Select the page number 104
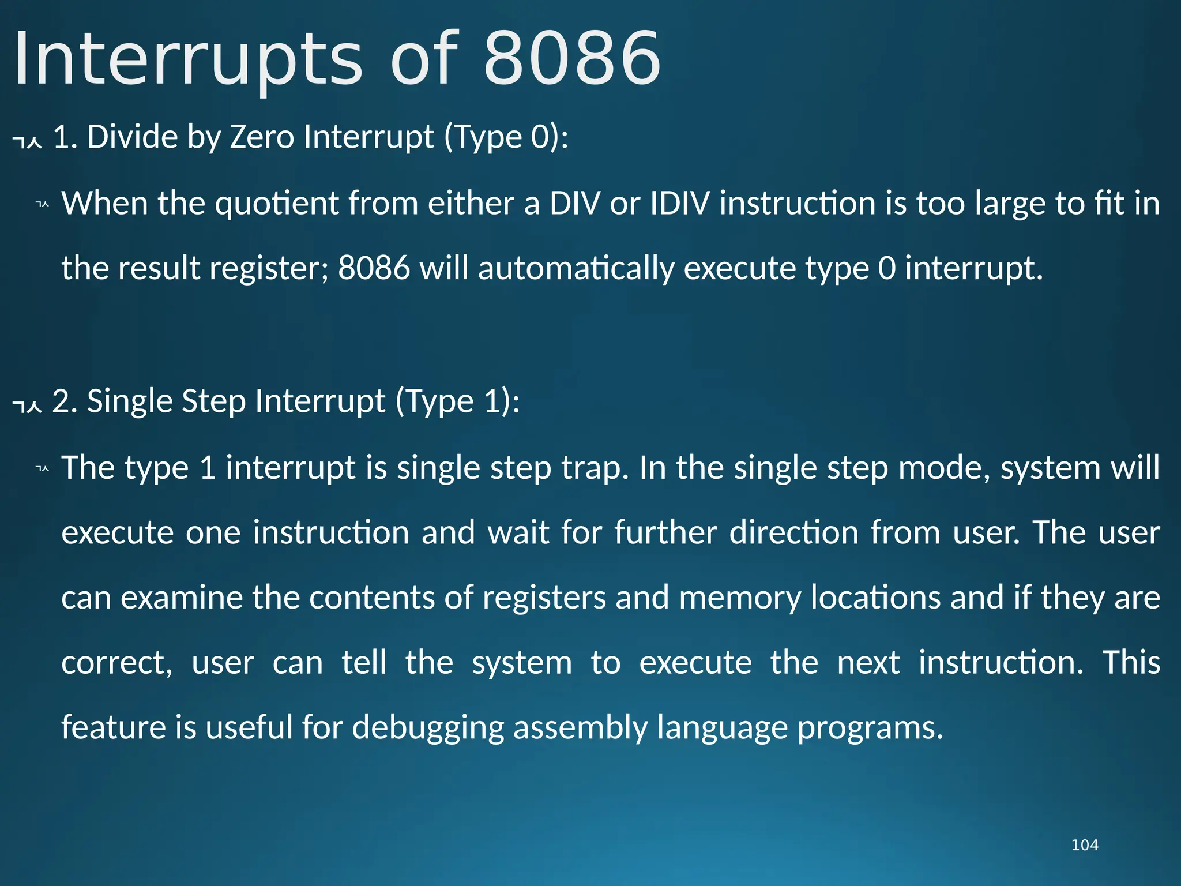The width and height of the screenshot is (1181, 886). pyautogui.click(x=1084, y=845)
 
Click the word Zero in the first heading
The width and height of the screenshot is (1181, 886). pyautogui.click(x=262, y=137)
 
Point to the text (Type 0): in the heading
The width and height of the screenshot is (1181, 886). pyautogui.click(x=506, y=137)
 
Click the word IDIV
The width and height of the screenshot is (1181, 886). pyautogui.click(x=680, y=204)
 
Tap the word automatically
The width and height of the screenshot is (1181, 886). pyautogui.click(x=576, y=269)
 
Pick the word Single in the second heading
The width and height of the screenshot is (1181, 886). pyautogui.click(x=130, y=401)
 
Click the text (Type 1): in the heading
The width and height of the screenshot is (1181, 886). pyautogui.click(x=457, y=401)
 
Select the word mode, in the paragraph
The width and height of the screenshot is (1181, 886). pyautogui.click(x=944, y=468)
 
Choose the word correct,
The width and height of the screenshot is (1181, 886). pyautogui.click(x=117, y=663)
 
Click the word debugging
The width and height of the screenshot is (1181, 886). pyautogui.click(x=428, y=727)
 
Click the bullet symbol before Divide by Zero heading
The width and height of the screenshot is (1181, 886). pyautogui.click(x=27, y=140)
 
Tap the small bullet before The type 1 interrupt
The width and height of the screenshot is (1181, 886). pyautogui.click(x=42, y=468)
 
